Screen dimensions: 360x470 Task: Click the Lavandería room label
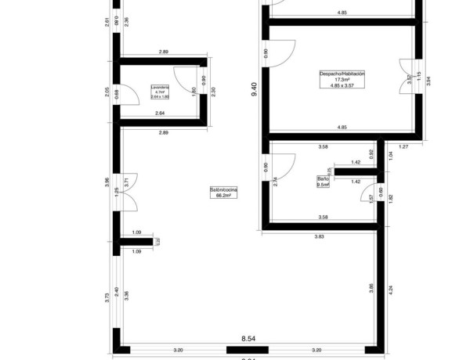[x=161, y=87]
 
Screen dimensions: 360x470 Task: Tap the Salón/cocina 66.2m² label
[x=223, y=193]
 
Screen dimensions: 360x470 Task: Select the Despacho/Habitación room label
[x=342, y=74]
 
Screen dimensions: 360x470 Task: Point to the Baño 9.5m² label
[x=323, y=182]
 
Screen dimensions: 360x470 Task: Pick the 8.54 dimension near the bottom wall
[x=249, y=339]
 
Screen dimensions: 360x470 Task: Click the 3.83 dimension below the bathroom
[x=320, y=236]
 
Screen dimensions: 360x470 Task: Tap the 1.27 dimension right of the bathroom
[x=404, y=147]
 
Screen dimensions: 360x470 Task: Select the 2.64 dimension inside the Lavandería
[x=160, y=114]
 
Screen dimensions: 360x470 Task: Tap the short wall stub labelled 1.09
[x=137, y=242]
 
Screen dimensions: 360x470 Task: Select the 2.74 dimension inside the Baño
[x=274, y=180]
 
